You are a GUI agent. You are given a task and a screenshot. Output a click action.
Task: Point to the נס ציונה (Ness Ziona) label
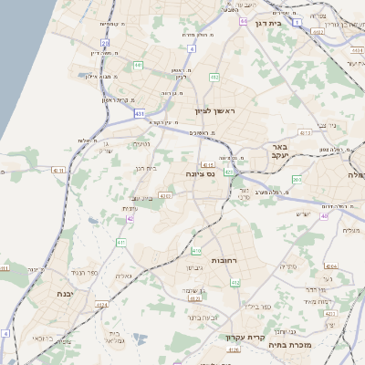click(x=199, y=173)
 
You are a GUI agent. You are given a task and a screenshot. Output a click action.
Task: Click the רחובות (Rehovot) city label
click(x=224, y=260)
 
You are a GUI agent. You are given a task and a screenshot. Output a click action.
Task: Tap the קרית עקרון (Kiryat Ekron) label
click(x=245, y=337)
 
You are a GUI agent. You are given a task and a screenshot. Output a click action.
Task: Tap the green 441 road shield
click(x=138, y=66)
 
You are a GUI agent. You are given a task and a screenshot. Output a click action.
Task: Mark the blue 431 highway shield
click(x=139, y=113)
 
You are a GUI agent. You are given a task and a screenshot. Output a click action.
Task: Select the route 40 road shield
click(x=324, y=216)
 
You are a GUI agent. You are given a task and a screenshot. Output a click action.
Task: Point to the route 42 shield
click(x=130, y=219)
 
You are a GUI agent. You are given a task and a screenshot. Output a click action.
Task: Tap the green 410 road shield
click(x=196, y=250)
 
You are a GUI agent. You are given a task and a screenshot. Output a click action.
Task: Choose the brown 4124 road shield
click(x=102, y=305)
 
